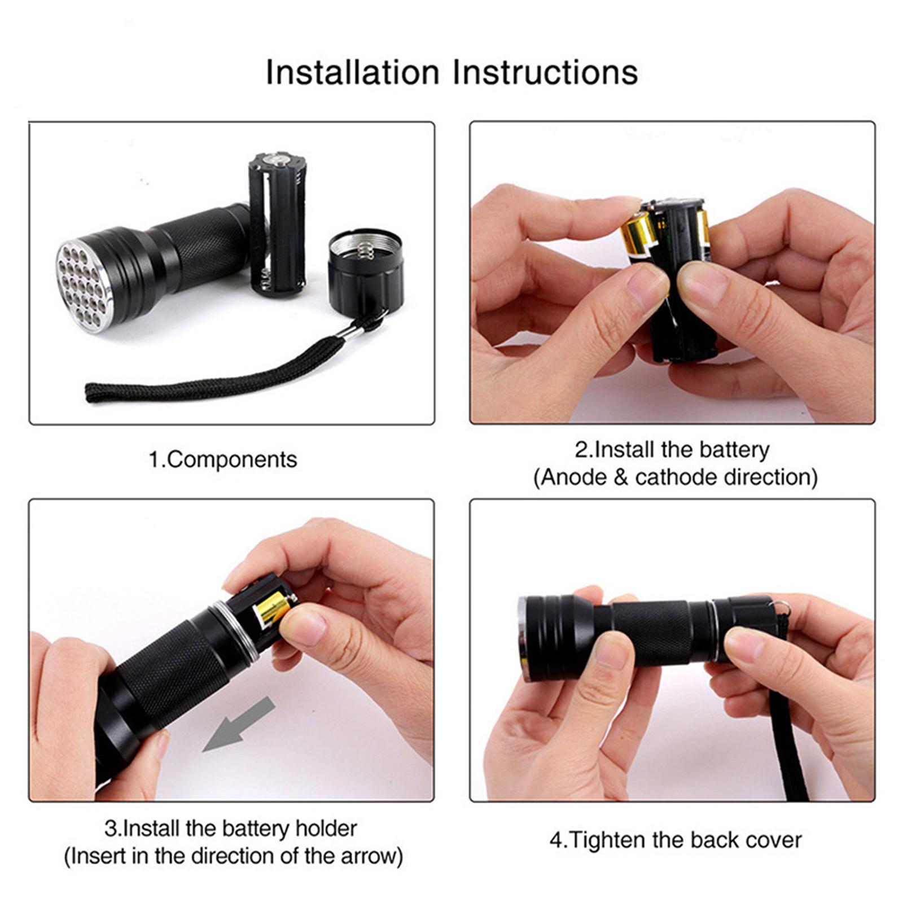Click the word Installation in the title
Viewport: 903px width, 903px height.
click(x=352, y=73)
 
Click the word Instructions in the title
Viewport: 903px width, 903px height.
click(x=546, y=73)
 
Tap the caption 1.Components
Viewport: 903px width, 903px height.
click(x=222, y=459)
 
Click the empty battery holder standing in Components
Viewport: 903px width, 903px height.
click(x=278, y=225)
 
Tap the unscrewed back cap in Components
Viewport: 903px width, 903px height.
click(x=366, y=266)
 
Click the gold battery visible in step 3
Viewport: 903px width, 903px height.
click(x=273, y=611)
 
